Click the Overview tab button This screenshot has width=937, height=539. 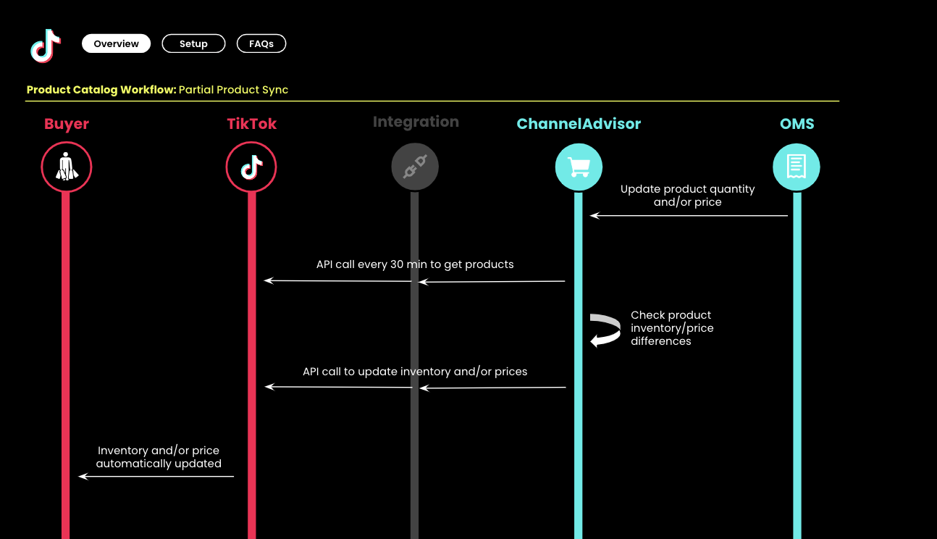point(116,43)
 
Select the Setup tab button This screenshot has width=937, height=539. point(193,43)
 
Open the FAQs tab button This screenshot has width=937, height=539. point(261,43)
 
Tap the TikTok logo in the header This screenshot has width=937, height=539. point(46,45)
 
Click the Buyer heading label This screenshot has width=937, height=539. point(67,124)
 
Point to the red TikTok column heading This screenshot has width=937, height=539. point(252,124)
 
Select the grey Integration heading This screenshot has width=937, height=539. point(416,122)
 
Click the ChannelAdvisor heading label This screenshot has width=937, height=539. point(579,124)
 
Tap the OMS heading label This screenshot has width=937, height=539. point(797,124)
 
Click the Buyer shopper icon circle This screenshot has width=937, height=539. point(67,167)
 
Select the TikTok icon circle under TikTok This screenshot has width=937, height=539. point(251,167)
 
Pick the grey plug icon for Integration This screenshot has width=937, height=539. point(415,167)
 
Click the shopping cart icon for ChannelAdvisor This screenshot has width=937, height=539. point(579,167)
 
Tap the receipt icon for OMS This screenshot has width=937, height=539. point(797,167)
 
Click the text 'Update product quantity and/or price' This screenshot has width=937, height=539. point(687,196)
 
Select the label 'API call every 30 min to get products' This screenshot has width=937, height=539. point(415,264)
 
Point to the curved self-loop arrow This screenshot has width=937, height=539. point(605,330)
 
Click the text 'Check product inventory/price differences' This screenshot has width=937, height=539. point(672,328)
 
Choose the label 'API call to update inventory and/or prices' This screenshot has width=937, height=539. point(415,372)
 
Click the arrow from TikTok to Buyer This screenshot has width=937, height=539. point(156,476)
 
